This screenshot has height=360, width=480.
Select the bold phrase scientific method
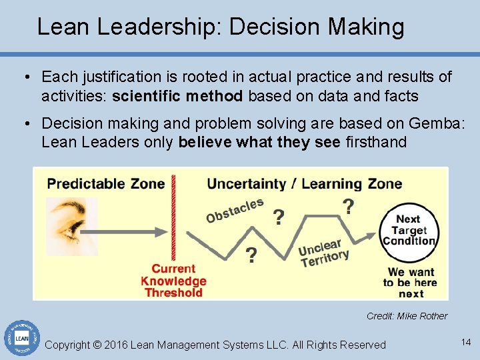tap(177, 96)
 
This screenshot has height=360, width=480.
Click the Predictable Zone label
tap(106, 183)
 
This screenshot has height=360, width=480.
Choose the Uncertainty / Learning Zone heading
tap(305, 183)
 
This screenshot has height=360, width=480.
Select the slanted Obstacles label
tap(235, 210)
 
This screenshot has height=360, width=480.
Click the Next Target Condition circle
tap(407, 230)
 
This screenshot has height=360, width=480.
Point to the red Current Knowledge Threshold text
tap(173, 281)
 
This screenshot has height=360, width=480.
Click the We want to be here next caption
tap(411, 282)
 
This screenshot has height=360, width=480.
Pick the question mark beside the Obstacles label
tap(279, 217)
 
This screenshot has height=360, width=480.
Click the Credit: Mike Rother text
tap(407, 316)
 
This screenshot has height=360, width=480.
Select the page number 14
tap(465, 342)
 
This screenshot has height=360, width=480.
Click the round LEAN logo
tap(21, 339)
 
